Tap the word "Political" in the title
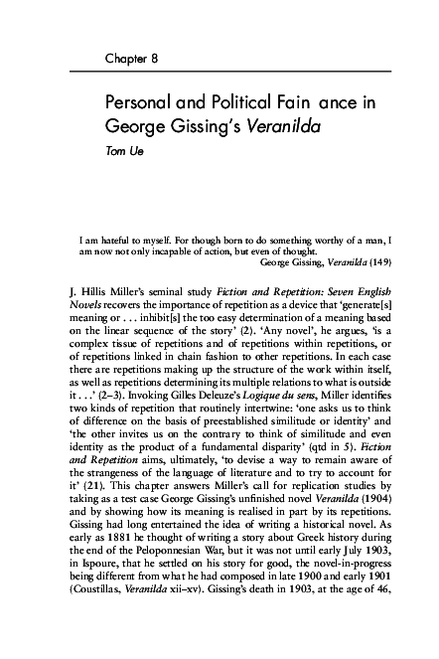click(240, 104)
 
